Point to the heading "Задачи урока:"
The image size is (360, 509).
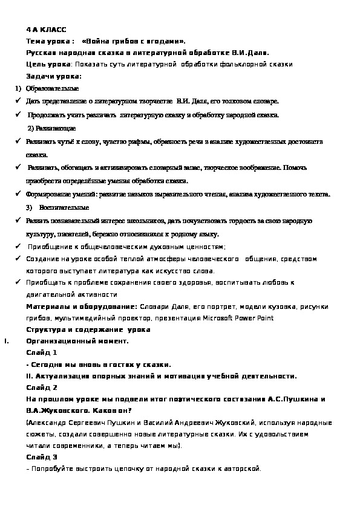[54, 76]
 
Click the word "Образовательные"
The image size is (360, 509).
[53, 89]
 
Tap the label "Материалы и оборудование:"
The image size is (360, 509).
[82, 306]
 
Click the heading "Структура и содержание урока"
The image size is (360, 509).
[88, 329]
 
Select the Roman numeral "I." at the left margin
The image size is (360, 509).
[6, 341]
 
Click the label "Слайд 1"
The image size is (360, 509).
[42, 352]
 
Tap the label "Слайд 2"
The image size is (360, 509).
[42, 387]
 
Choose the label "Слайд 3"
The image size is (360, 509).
[42, 457]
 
